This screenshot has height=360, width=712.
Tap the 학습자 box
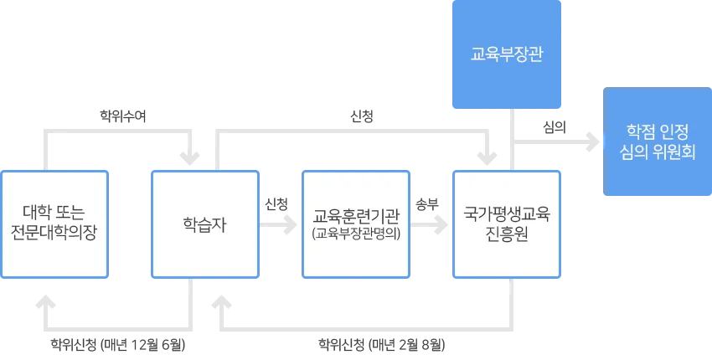click(204, 224)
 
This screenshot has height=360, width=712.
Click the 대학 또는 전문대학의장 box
click(54, 224)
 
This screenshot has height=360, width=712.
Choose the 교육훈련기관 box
click(355, 224)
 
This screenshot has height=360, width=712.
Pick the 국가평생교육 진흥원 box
click(506, 224)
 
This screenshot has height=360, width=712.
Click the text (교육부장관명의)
click(355, 234)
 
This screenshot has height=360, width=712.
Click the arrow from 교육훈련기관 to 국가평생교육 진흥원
click(430, 224)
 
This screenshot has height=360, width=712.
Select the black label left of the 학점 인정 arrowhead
click(555, 126)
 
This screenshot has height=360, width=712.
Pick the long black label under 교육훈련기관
click(381, 343)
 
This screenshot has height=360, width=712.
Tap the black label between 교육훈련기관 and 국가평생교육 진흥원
click(429, 203)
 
